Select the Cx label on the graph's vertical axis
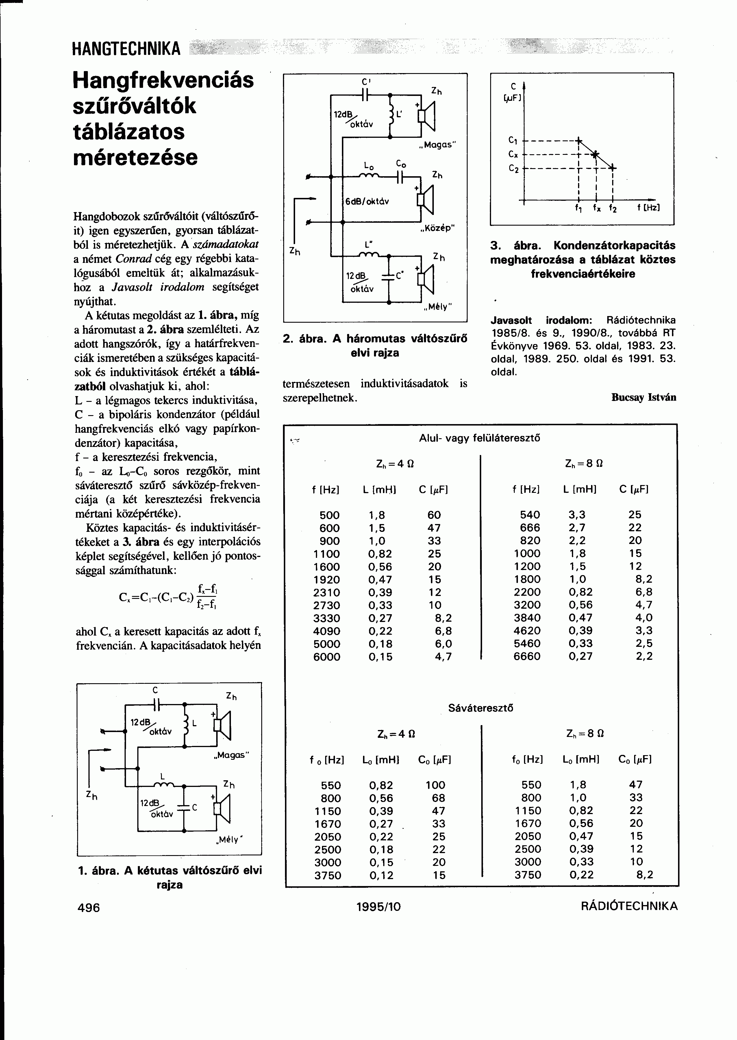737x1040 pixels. [514, 155]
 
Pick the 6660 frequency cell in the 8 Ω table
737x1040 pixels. [527, 656]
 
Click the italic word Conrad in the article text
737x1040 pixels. [132, 259]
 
